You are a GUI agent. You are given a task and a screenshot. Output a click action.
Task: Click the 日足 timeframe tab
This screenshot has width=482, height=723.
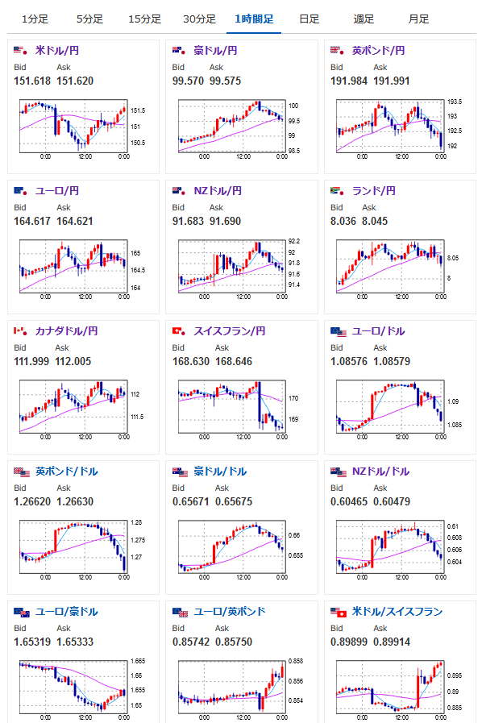309,19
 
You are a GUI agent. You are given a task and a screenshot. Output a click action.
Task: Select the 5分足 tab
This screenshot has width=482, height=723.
89,19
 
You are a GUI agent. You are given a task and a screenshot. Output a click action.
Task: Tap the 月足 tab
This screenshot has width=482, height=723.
418,19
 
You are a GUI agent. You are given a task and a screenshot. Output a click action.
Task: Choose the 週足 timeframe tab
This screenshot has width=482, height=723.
364,19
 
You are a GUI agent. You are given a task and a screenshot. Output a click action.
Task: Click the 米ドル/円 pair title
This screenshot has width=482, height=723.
57,50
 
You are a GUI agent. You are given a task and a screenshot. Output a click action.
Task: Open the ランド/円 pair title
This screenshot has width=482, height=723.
374,190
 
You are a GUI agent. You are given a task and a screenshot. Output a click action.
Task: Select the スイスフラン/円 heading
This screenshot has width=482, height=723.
229,331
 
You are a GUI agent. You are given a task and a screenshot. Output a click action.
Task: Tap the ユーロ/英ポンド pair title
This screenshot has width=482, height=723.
229,612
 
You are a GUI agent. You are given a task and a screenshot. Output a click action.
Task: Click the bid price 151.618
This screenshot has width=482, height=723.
32,81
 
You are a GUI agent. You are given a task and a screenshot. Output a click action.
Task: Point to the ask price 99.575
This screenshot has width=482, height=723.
225,81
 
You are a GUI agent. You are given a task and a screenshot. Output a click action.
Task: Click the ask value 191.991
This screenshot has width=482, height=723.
392,81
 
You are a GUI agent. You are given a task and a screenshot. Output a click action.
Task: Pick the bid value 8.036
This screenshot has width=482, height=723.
343,221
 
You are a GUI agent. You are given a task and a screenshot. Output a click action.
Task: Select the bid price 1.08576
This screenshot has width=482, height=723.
349,361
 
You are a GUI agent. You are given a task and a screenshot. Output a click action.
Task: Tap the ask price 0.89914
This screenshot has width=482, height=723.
392,642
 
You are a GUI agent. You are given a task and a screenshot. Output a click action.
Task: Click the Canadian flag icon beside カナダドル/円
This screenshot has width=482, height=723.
20,331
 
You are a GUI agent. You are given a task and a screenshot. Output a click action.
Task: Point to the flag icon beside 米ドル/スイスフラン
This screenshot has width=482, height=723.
338,612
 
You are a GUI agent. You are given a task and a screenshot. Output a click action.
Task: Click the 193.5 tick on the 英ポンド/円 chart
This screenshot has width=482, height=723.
455,102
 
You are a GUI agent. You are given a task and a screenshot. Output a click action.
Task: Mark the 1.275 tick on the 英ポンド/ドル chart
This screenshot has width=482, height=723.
138,540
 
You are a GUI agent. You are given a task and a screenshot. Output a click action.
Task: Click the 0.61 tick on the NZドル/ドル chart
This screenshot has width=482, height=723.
452,526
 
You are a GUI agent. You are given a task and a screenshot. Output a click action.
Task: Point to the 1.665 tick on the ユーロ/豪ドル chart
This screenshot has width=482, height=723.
138,661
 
